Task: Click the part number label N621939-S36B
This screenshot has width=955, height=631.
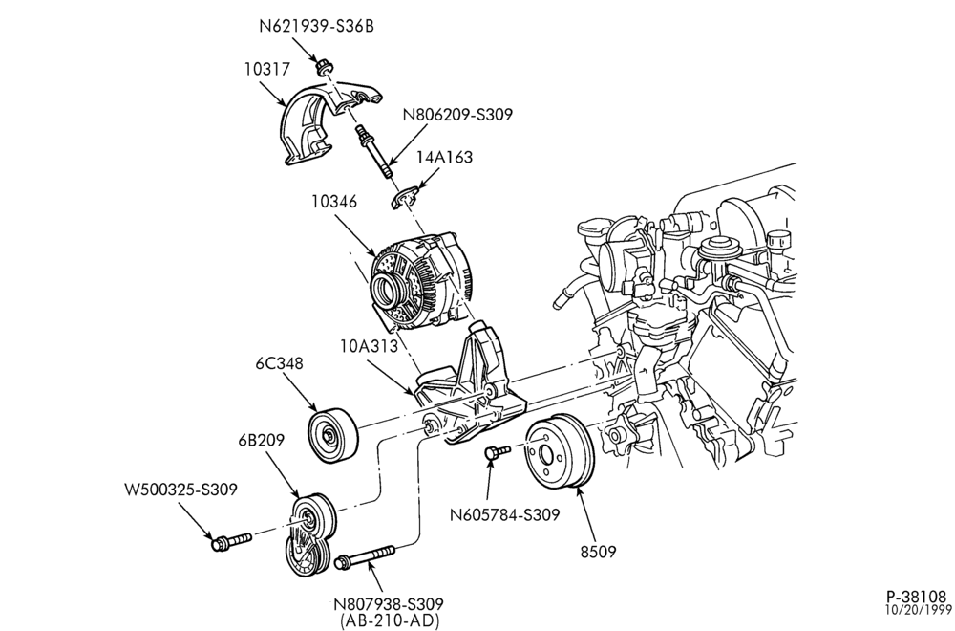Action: point(316,26)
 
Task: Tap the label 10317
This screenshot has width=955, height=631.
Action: point(267,69)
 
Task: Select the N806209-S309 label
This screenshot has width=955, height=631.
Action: point(457,114)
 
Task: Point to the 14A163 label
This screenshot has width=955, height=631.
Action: point(444,157)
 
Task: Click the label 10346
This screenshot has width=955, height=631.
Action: point(334,201)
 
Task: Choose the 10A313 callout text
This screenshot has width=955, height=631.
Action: point(369,346)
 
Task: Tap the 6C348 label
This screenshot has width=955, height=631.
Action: point(280,363)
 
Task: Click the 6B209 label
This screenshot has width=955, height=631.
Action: point(262,440)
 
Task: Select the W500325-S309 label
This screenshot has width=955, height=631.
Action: point(180,489)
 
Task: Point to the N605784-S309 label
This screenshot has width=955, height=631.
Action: point(504,515)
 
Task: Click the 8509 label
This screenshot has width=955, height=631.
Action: point(598,552)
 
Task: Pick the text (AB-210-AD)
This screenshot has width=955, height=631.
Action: point(389,620)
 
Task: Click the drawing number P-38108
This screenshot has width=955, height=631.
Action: point(916,596)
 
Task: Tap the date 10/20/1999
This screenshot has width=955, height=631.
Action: point(918,609)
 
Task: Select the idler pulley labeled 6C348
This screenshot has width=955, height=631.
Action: point(332,434)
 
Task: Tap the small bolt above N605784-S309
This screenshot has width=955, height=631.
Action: point(497,452)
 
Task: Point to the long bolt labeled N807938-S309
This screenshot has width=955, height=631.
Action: point(364,556)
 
